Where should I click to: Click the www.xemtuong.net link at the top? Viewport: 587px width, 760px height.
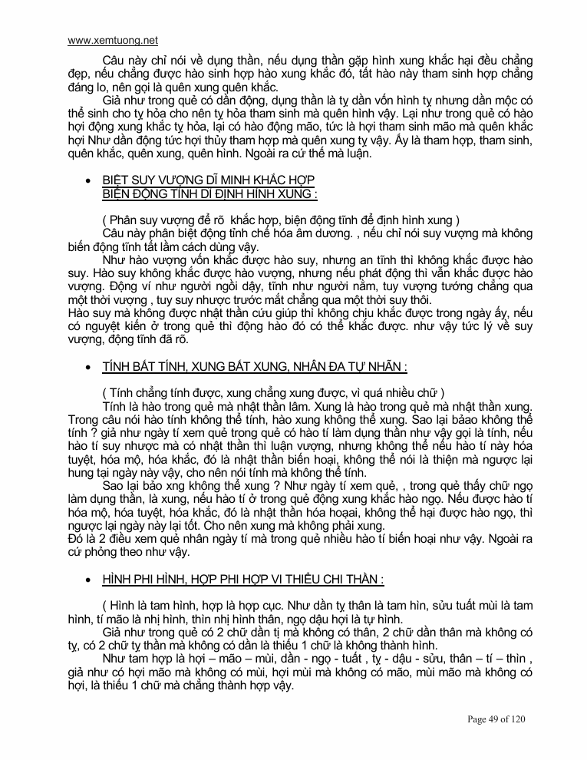click(x=113, y=40)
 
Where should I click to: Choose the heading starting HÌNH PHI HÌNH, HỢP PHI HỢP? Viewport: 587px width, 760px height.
click(x=243, y=579)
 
